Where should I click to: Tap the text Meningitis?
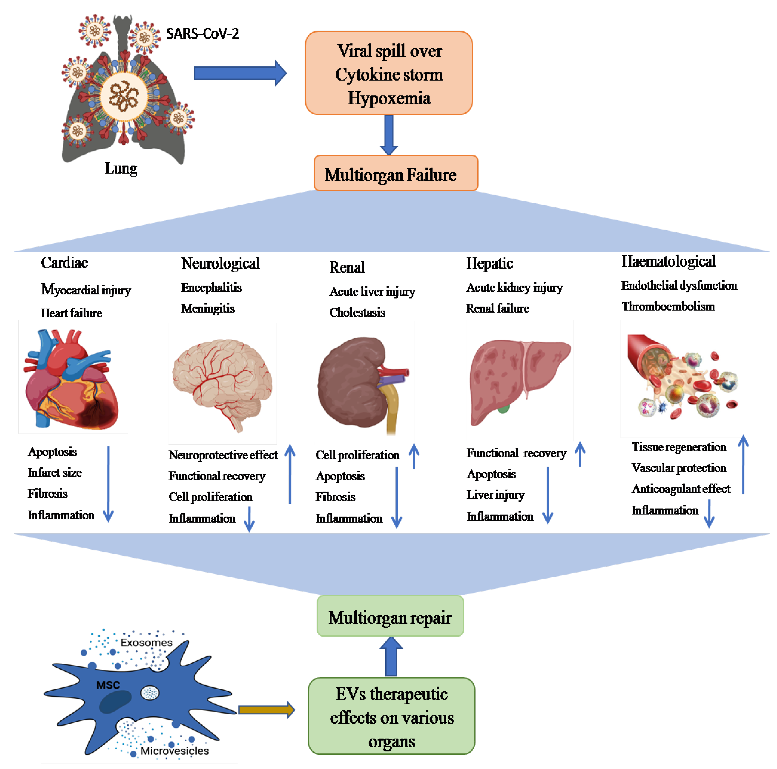point(208,308)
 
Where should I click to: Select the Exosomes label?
point(146,642)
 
